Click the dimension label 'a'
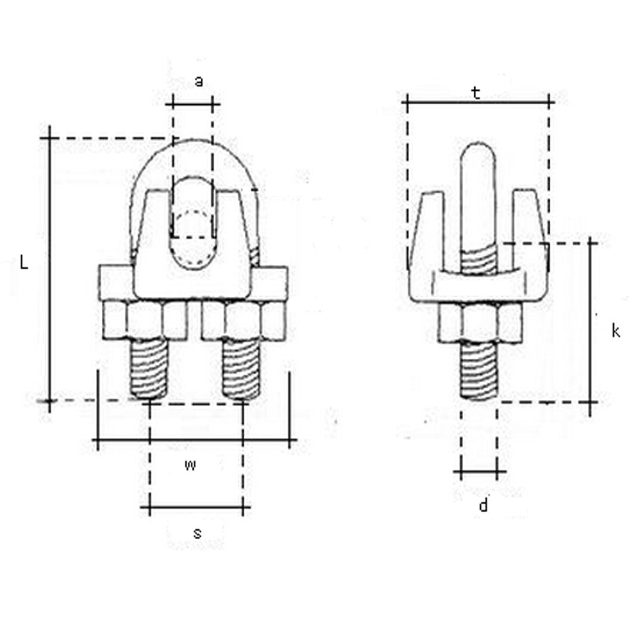(x=198, y=81)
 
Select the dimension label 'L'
(x=23, y=263)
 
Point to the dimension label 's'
(x=197, y=533)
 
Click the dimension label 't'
(x=476, y=93)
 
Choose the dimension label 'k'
(x=615, y=331)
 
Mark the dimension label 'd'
(x=483, y=505)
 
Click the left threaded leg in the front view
(x=149, y=369)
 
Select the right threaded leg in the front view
(x=240, y=369)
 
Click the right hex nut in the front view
(x=243, y=320)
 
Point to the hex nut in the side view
(x=480, y=322)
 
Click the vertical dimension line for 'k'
(x=591, y=322)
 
